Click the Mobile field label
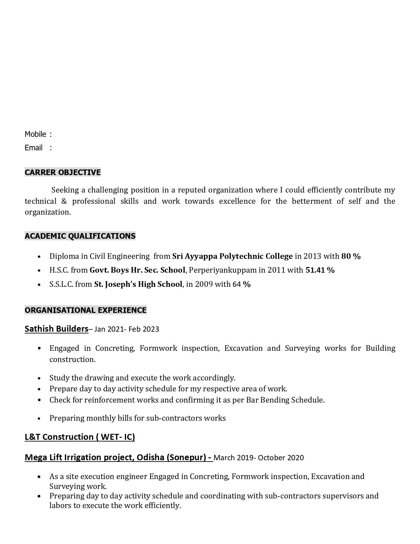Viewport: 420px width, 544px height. pos(35,134)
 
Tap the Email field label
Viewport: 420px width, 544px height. pos(34,148)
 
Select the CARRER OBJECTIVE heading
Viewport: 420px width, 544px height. pos(63,172)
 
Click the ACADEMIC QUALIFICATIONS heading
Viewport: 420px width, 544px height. pos(80,236)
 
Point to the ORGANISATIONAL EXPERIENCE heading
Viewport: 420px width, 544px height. pos(86,310)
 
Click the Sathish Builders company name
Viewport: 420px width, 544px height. pos(56,329)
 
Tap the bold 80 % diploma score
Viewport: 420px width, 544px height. pos(351,256)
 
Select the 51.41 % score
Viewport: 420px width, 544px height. pos(320,270)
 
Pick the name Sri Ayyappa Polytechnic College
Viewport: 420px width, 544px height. pos(232,256)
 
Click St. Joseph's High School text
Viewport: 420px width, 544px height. pos(138,284)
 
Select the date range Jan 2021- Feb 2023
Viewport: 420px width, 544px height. pos(126,329)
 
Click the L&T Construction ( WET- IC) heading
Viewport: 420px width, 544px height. pos(80,437)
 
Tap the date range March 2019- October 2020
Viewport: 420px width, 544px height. pos(259,458)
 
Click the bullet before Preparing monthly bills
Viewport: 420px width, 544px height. pos(39,418)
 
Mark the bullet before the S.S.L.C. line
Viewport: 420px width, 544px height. pos(39,285)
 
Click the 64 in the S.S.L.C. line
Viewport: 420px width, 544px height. pos(237,284)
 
